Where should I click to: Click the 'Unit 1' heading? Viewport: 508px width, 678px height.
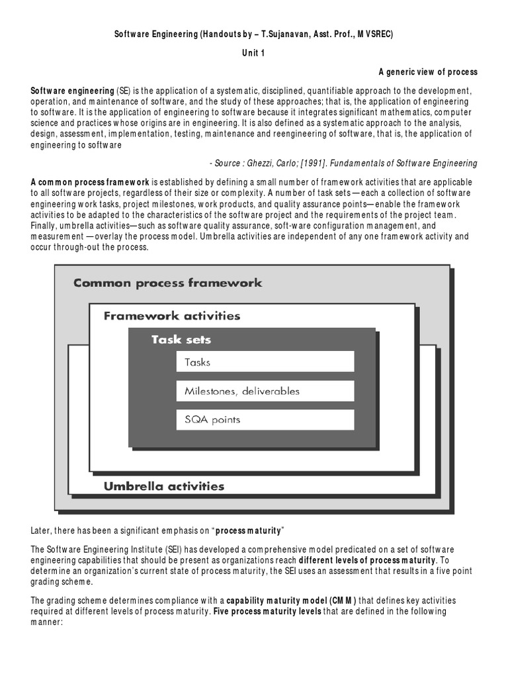(x=253, y=54)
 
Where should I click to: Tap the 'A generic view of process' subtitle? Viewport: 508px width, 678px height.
(x=427, y=72)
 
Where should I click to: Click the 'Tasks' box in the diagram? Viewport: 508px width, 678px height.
(x=265, y=362)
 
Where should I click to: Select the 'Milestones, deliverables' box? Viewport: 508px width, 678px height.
(x=265, y=391)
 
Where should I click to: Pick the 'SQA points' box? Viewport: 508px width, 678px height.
(x=265, y=420)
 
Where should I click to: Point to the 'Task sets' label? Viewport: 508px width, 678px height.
(x=181, y=340)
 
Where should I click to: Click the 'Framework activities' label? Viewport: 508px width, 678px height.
(x=171, y=316)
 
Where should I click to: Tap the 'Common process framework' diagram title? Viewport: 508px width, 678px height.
(x=167, y=283)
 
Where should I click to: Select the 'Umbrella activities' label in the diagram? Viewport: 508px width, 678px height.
(x=164, y=486)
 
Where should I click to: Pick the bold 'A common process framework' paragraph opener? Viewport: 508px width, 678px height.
(x=90, y=182)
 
